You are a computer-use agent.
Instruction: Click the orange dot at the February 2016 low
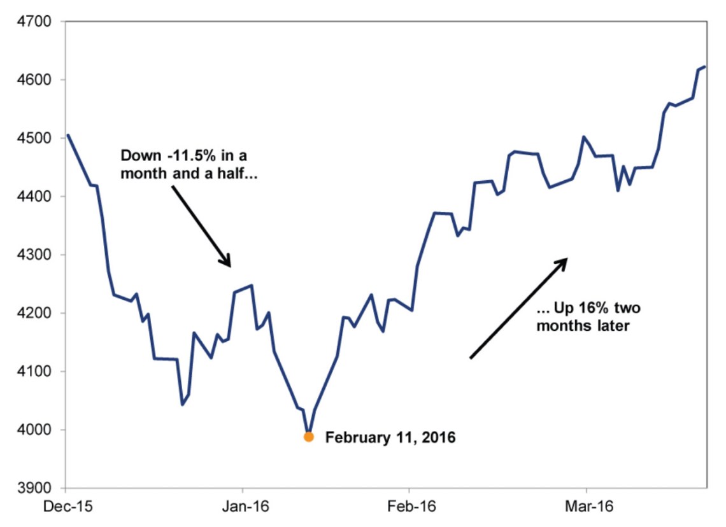pyautogui.click(x=309, y=437)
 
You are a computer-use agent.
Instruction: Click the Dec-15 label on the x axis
pyautogui.click(x=66, y=507)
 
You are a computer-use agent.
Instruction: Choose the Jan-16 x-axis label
pyautogui.click(x=243, y=507)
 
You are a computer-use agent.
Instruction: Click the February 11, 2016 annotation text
pyautogui.click(x=390, y=438)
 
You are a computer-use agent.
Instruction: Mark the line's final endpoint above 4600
pyautogui.click(x=705, y=66)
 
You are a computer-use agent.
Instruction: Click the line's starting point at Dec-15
pyautogui.click(x=67, y=134)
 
